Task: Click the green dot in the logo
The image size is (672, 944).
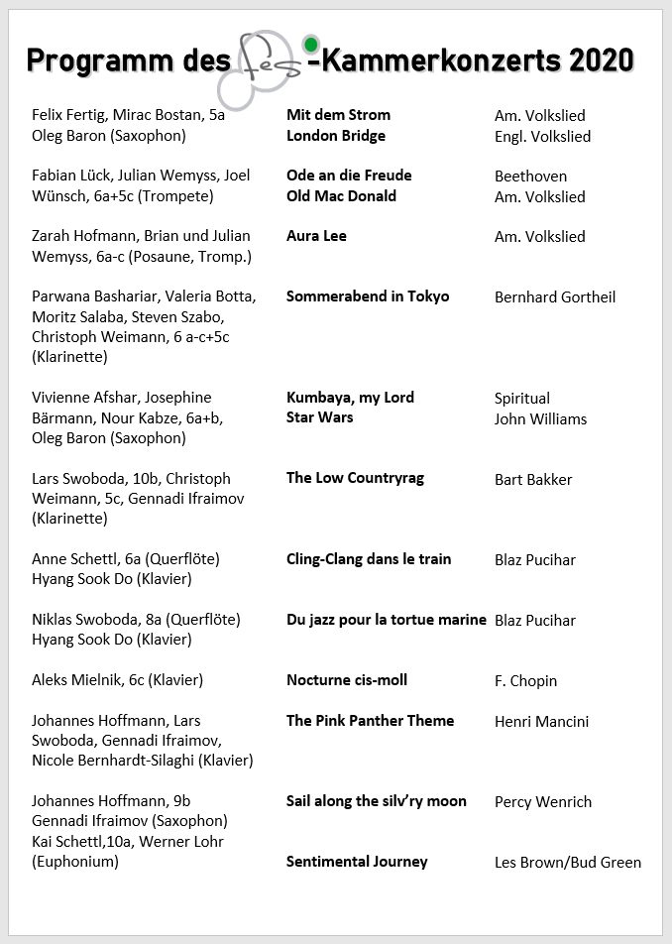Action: coord(311,45)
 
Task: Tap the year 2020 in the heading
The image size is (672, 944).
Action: coord(599,60)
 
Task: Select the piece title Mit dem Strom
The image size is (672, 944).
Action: coord(338,115)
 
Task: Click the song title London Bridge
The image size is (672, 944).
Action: coord(336,136)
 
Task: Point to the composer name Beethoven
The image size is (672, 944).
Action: coord(530,177)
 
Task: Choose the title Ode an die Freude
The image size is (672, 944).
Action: coord(349,176)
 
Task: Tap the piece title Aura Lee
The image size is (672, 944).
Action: coord(316,236)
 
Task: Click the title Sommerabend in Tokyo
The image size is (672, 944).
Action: coord(368,296)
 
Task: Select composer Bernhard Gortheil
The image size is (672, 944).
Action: coord(555,297)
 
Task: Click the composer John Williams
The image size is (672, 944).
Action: coord(540,418)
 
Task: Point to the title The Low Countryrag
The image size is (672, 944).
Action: coord(355,478)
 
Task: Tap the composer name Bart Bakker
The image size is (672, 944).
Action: coord(533,480)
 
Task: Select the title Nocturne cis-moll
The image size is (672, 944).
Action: coord(347,680)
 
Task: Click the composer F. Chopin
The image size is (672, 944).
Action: coord(525,681)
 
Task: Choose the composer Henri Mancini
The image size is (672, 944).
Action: coord(541,722)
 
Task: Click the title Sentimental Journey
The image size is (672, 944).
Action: coord(357,862)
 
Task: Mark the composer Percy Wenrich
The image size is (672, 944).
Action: coord(543,802)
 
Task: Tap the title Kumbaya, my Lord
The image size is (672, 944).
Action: coord(350,398)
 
